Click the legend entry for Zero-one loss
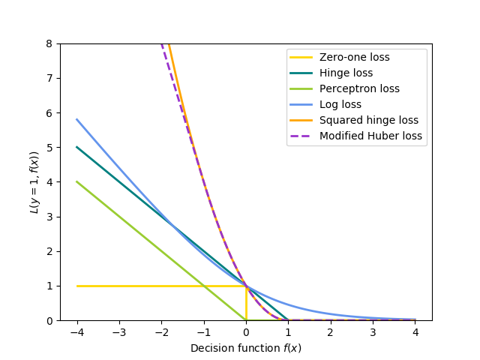(354, 57)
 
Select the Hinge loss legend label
(346, 73)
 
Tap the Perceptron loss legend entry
(359, 88)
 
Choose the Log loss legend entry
(340, 104)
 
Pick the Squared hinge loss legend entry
(368, 120)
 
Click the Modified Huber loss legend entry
(370, 136)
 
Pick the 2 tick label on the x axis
(331, 331)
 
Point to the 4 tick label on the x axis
(415, 331)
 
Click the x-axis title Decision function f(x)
(246, 348)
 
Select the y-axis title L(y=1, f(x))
(34, 182)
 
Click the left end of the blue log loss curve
(77, 119)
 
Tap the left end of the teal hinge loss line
(77, 147)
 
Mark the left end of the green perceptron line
(77, 181)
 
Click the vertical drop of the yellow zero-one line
(246, 303)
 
